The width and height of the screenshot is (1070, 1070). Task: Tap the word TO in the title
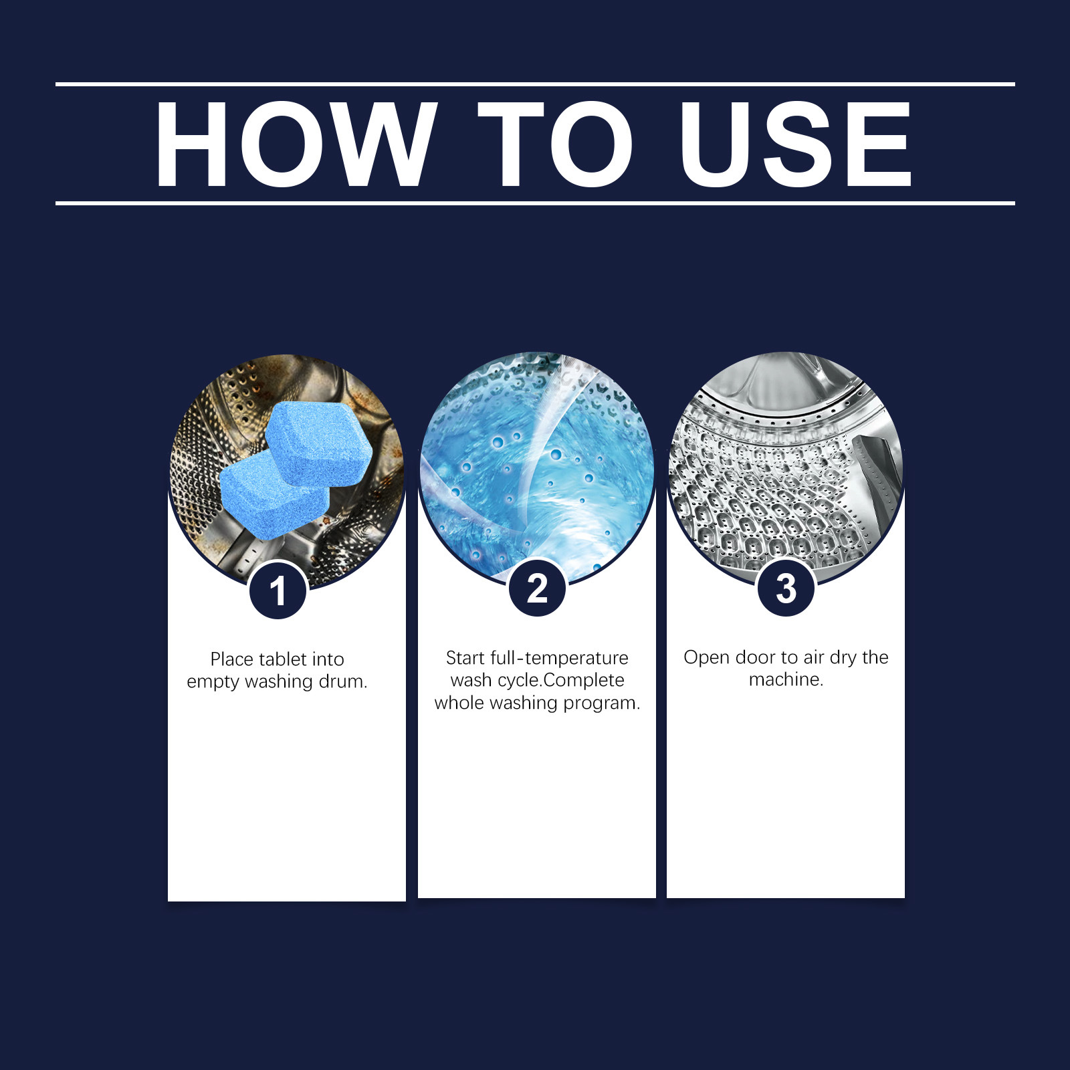click(556, 144)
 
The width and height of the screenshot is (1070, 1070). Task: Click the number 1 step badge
click(278, 591)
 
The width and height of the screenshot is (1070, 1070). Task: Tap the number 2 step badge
click(537, 588)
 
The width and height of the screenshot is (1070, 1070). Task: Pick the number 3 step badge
click(786, 588)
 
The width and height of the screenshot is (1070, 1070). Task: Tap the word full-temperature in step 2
click(559, 658)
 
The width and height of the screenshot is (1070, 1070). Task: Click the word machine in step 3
click(786, 680)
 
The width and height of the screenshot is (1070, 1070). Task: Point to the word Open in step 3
click(706, 658)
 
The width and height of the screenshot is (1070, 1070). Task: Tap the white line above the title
click(535, 84)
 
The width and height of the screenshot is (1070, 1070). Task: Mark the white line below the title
click(535, 203)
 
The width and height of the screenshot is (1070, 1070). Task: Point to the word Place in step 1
click(231, 659)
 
